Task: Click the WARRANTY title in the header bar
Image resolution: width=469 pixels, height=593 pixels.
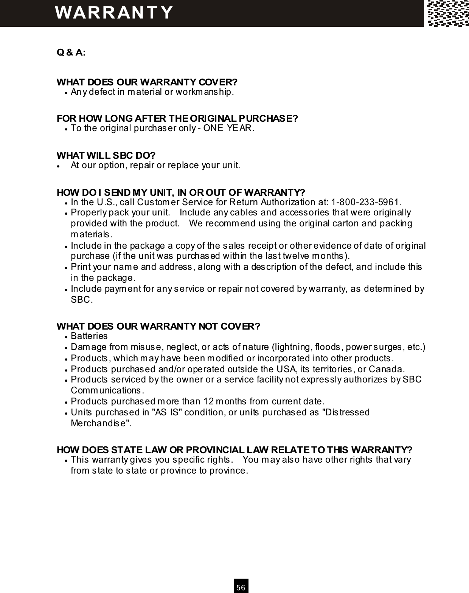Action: coord(114,12)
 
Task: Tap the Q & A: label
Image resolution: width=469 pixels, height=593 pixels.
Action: coord(71,52)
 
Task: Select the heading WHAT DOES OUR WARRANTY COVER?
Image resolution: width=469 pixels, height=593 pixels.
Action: coord(147,82)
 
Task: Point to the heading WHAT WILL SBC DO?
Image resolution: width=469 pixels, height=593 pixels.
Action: coord(106,155)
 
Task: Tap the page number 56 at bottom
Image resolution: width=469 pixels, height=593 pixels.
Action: coord(241,587)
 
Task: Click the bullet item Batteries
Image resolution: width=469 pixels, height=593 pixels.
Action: coord(89,336)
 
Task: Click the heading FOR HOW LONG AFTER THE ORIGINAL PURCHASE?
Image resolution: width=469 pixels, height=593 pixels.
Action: coord(177,118)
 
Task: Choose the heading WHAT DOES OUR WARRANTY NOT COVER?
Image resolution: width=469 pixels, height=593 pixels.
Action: coord(158,326)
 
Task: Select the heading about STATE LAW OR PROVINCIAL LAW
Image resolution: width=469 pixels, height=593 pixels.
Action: coord(234,450)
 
